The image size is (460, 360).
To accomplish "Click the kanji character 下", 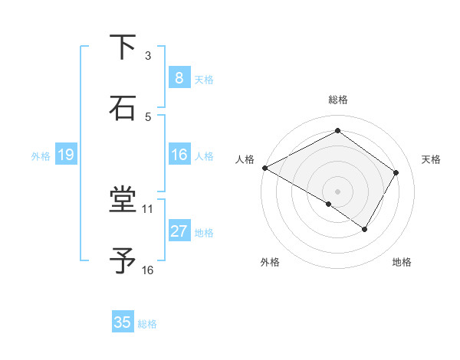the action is click(123, 47).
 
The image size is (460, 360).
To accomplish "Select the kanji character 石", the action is click(123, 108).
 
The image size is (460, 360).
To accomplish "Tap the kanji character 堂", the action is click(123, 201).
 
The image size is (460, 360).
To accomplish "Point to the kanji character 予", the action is click(123, 261).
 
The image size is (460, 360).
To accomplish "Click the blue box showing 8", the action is click(179, 78).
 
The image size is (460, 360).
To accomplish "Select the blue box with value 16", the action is click(179, 155).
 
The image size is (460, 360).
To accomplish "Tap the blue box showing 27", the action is click(179, 231).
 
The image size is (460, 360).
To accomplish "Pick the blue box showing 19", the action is click(65, 155).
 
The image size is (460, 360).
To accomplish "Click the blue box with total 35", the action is click(123, 322).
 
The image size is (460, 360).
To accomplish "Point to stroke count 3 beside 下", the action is click(148, 56).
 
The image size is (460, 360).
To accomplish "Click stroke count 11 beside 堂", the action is click(148, 208).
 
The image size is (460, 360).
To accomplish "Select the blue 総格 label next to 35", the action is click(147, 324).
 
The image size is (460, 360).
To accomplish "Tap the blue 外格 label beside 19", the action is click(41, 156).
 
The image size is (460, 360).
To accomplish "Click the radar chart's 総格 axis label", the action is click(337, 100).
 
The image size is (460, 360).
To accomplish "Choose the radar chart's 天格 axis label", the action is click(431, 159).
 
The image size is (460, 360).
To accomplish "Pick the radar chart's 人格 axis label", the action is click(245, 159).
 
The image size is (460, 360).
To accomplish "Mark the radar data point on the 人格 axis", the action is click(264, 168).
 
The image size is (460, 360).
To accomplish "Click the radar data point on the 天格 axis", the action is click(396, 172).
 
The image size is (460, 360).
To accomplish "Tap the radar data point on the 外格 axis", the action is click(329, 204).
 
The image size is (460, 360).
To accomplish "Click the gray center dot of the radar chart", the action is click(337, 191).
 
